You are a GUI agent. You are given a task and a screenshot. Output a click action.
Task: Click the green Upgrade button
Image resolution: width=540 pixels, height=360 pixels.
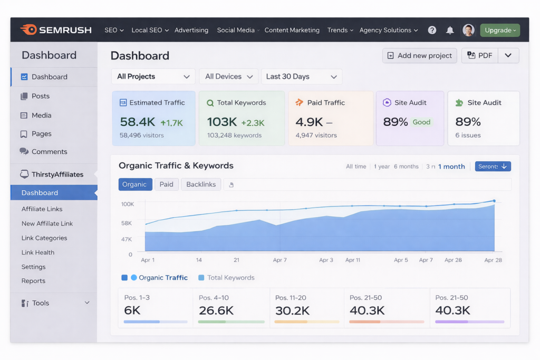point(499,31)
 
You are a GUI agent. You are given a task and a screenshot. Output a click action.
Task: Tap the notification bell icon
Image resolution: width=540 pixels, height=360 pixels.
point(450,31)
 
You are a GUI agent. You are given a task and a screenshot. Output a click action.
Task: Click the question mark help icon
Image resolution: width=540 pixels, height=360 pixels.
point(432,31)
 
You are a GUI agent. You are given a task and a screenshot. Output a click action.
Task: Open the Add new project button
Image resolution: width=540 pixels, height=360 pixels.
point(419,56)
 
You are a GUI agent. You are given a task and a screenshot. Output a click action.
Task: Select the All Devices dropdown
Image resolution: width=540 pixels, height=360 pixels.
point(229,76)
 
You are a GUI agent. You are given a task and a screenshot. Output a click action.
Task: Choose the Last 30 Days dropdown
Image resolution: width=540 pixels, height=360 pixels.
point(301,76)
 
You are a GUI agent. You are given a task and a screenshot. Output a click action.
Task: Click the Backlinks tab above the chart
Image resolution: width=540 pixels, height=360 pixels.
point(201,184)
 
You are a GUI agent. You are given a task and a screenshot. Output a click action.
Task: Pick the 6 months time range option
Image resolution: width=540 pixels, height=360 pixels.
point(406,167)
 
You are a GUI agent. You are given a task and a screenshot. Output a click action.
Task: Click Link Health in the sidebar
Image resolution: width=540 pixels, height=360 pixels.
point(38,252)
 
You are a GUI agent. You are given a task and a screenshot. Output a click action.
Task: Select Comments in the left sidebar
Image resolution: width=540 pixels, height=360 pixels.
point(49,152)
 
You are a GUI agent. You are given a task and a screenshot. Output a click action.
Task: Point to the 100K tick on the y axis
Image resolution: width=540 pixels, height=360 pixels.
point(127,204)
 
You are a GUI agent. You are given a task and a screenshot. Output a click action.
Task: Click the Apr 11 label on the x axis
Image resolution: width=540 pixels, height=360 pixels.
point(353,260)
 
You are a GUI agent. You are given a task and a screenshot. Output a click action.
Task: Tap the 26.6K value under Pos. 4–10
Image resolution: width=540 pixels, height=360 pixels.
point(216,310)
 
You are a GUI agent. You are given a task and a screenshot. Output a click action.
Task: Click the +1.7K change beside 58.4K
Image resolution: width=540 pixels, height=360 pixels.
point(171,123)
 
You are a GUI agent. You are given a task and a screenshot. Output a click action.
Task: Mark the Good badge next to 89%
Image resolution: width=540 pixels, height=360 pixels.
point(421,122)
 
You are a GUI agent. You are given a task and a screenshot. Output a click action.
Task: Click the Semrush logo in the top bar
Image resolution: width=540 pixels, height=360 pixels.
point(56,30)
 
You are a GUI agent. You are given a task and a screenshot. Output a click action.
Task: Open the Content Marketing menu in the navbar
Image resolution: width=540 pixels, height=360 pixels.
point(292,31)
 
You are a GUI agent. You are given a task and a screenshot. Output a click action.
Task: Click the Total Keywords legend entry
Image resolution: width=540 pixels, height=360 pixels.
point(226,278)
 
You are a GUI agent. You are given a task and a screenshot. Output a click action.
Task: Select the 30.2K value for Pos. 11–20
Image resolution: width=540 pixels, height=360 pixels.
point(292,310)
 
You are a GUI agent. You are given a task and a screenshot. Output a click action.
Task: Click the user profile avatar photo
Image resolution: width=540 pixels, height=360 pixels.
point(468,31)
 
